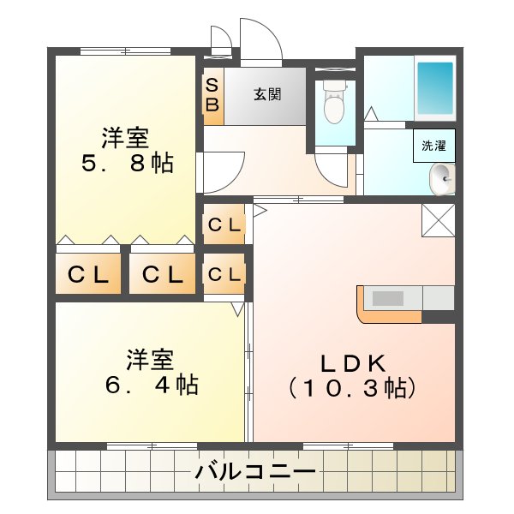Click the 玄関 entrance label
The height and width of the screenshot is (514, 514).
266,94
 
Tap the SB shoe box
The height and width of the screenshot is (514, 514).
212,96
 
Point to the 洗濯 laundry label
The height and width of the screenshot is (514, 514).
433,146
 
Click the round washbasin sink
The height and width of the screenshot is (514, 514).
442,177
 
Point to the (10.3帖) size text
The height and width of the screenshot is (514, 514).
353,388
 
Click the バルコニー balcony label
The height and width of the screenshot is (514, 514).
254,471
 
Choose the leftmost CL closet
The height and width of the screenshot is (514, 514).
88,275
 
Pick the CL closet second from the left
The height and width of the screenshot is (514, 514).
163,275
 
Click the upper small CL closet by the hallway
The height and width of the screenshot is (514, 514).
224,224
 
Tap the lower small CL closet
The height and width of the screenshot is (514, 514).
224,274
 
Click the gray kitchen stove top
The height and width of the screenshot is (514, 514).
388,298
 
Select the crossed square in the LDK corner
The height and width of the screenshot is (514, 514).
438,221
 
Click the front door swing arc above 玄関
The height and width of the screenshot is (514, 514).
260,39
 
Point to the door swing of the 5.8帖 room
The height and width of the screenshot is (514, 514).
223,170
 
